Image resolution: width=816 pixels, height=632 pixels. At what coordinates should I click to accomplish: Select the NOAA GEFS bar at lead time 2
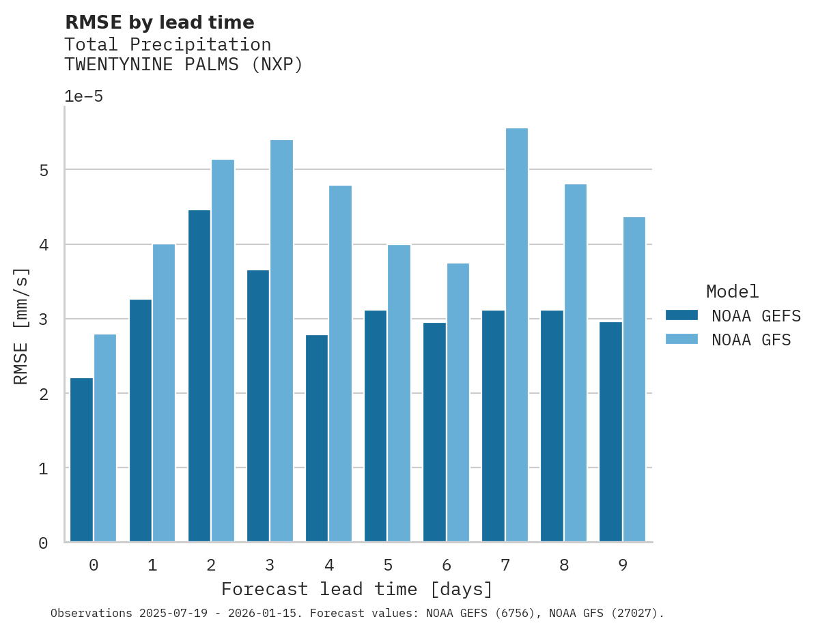click(x=199, y=375)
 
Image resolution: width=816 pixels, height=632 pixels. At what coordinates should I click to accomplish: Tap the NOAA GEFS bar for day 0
click(x=82, y=459)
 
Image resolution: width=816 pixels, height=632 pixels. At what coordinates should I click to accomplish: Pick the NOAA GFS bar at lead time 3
click(x=281, y=341)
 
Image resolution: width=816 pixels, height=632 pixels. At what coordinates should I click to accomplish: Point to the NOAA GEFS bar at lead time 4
click(x=317, y=438)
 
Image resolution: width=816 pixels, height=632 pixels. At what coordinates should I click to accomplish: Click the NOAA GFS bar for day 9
click(x=634, y=379)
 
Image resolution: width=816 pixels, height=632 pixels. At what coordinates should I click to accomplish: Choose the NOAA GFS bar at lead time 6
click(x=458, y=402)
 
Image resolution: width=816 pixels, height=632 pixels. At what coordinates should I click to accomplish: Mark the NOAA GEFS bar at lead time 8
click(x=552, y=426)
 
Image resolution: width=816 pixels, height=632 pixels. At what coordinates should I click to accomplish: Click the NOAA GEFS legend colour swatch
click(x=681, y=315)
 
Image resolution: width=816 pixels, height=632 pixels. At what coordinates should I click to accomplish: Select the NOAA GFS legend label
click(x=751, y=340)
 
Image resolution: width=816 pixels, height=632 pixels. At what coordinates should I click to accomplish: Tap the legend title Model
click(x=732, y=291)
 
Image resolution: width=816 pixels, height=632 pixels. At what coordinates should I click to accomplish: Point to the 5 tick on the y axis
click(x=44, y=170)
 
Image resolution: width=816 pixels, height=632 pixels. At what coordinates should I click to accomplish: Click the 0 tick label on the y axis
click(x=44, y=543)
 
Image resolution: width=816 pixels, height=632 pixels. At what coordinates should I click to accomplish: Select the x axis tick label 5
click(x=388, y=565)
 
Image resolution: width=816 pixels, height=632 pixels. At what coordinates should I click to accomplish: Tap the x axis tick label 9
click(x=623, y=565)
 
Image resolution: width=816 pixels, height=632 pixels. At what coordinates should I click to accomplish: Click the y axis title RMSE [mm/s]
click(x=22, y=326)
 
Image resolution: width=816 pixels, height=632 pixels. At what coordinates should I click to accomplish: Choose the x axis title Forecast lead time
click(x=356, y=589)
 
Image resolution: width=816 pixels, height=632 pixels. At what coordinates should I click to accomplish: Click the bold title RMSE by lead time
click(x=159, y=23)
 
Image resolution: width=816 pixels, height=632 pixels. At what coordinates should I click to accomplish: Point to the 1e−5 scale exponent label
click(x=83, y=96)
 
